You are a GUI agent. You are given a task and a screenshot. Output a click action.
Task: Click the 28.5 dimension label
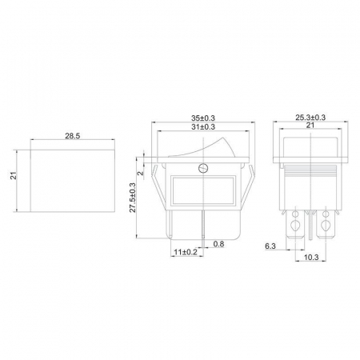[73, 136]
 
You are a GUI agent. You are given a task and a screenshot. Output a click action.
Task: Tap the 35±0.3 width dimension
[203, 118]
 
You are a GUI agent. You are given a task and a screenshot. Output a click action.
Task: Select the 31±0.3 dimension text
[203, 126]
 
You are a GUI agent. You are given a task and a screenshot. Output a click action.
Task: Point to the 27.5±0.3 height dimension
[133, 198]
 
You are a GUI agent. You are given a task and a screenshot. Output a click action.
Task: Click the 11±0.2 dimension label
[186, 252]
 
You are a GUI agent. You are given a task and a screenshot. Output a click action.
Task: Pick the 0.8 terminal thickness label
[218, 244]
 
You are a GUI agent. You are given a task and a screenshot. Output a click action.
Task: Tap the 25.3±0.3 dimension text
[310, 118]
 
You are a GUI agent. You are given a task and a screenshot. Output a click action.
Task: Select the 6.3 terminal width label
[270, 246]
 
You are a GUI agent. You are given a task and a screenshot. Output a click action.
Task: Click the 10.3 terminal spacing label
[311, 258]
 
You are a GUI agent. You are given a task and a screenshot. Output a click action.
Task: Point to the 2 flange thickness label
[141, 173]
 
